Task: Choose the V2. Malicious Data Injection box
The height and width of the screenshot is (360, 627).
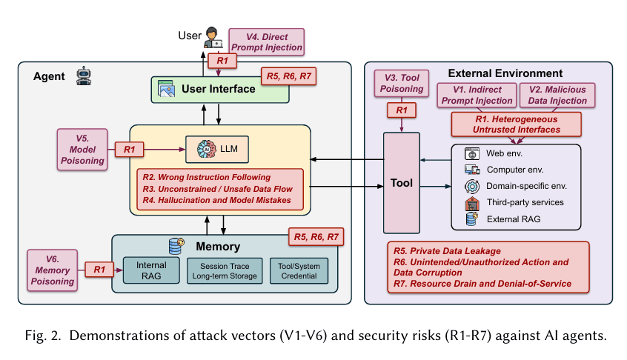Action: coord(556,95)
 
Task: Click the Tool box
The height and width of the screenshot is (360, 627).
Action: coord(401,182)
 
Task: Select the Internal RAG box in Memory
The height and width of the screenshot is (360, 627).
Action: coord(151,270)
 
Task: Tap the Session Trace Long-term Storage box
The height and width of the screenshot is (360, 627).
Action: coord(223,270)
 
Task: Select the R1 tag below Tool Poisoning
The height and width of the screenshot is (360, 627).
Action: coord(402,110)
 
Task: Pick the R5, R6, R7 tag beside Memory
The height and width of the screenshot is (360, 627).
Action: coord(316,238)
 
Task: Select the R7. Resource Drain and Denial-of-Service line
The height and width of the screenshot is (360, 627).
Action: coord(482,284)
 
